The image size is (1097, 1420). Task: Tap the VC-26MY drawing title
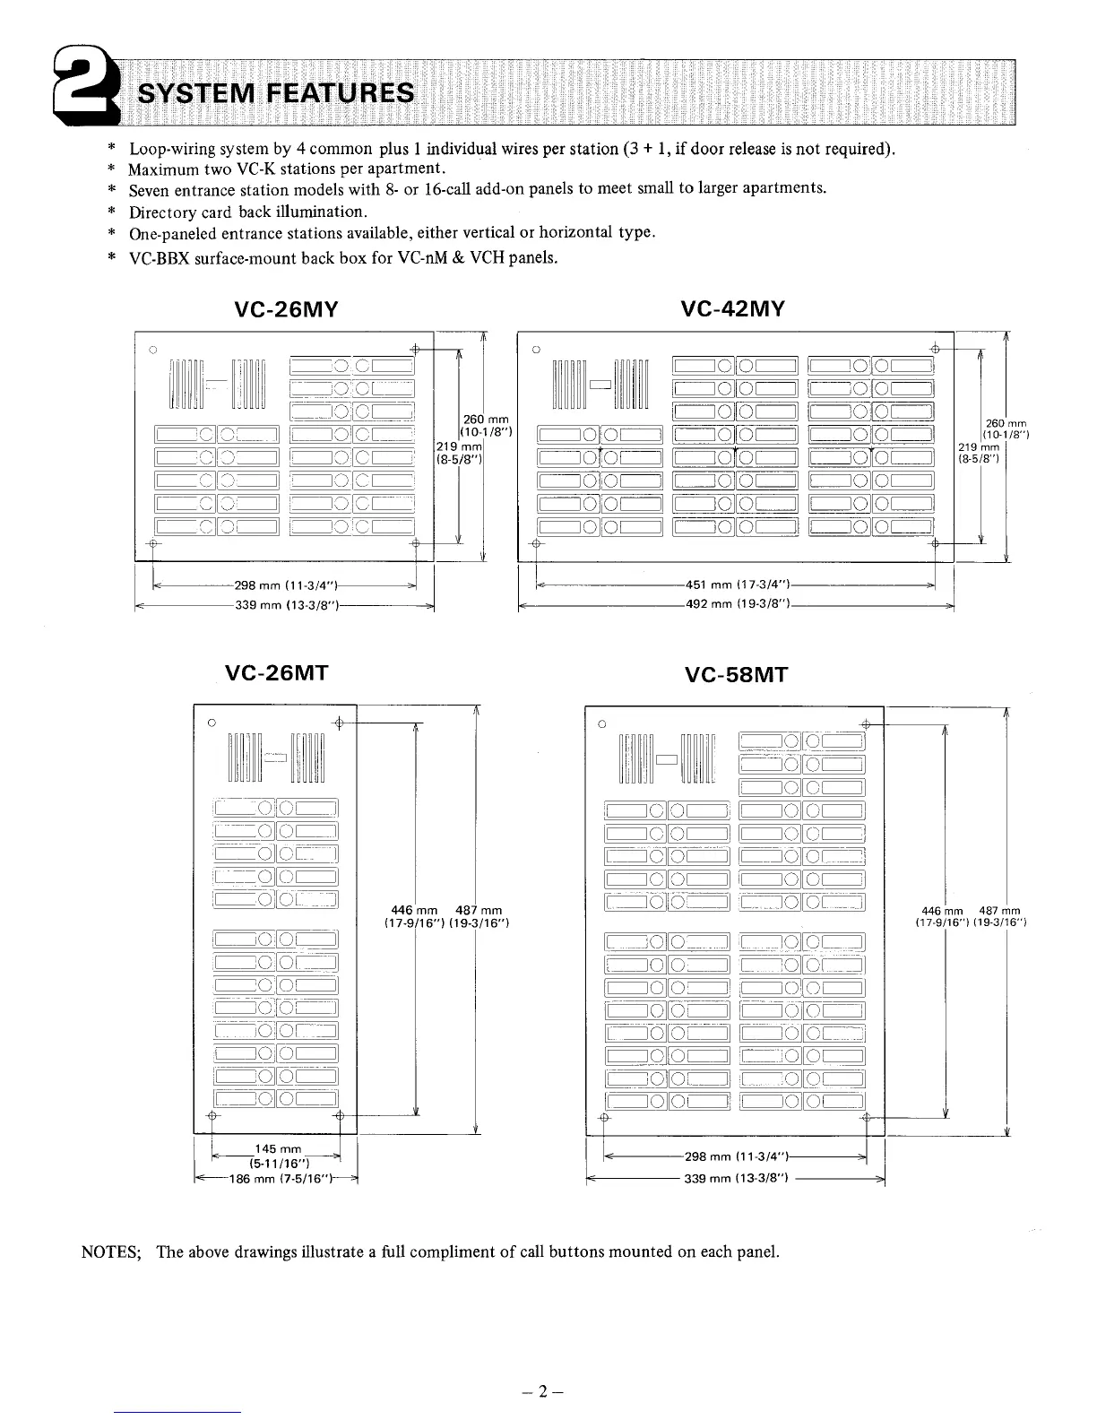[285, 310]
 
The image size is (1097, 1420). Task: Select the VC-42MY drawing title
[733, 309]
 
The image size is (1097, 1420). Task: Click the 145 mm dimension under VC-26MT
[277, 1149]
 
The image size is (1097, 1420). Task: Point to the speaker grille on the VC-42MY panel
[600, 384]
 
